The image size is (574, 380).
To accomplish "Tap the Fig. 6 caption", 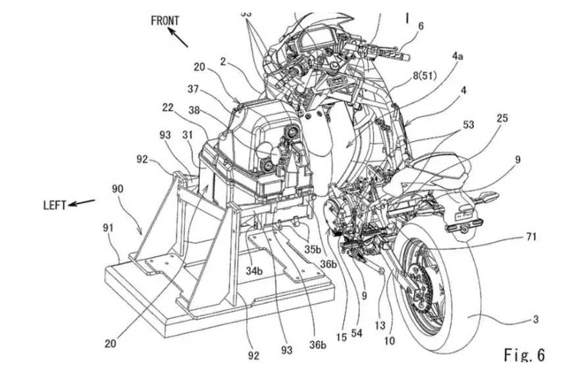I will pyautogui.click(x=524, y=356).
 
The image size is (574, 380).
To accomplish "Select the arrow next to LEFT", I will pyautogui.click(x=82, y=202).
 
